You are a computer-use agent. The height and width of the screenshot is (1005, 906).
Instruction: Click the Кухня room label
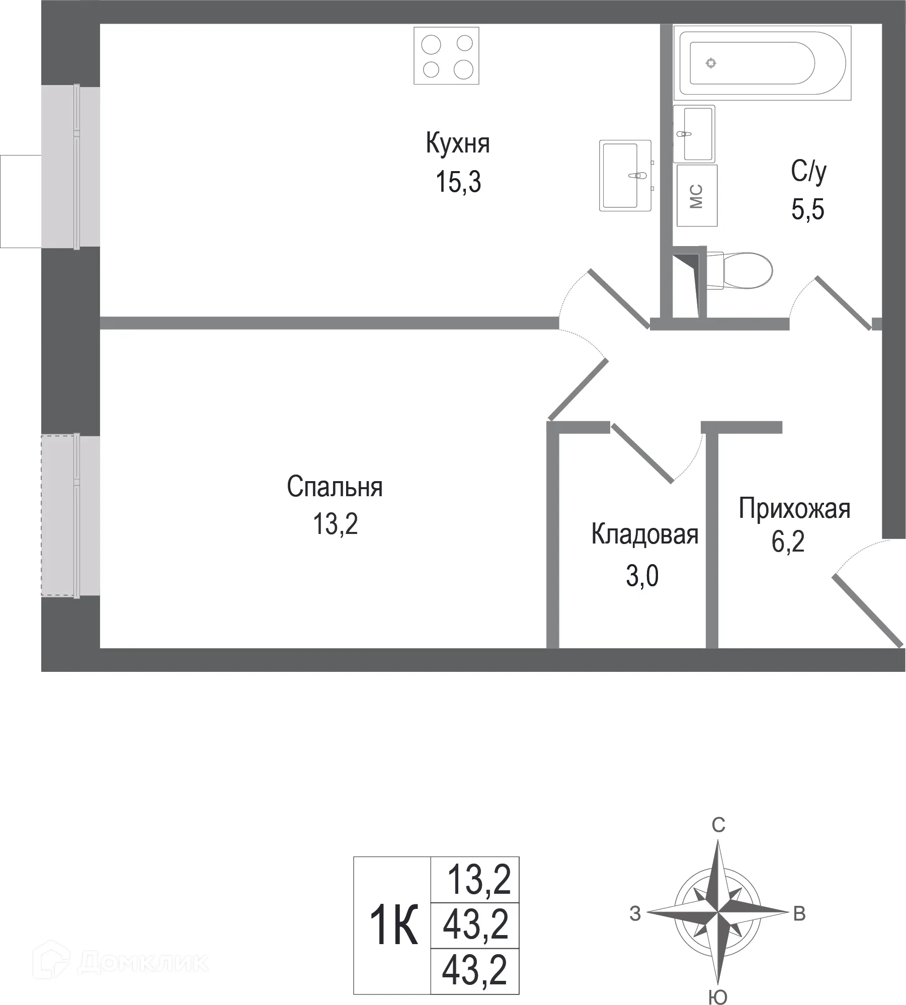pos(457,144)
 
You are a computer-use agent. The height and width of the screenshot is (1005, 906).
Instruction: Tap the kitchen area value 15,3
pos(458,182)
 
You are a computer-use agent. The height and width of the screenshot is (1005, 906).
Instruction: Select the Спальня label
pos(335,487)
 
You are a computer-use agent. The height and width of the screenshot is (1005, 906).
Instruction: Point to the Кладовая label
pos(644,534)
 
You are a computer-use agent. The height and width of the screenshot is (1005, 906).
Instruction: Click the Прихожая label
pos(794,509)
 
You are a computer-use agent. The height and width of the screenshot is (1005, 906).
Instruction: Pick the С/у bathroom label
pos(808,172)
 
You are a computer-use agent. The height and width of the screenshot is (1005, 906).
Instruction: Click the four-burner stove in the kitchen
pos(446,56)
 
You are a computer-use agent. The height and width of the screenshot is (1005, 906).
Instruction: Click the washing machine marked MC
pos(697,196)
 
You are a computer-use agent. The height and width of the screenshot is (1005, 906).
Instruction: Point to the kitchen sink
pos(625,175)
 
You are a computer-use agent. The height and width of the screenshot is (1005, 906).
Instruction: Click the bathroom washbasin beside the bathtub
pos(694,134)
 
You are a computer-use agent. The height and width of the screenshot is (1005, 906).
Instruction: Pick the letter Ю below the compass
pos(717,996)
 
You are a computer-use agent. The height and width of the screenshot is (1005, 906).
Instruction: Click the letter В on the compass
pos(799,914)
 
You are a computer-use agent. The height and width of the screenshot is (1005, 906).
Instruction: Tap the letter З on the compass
pos(635,914)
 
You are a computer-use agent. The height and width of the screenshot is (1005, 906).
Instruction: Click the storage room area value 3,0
pos(642,576)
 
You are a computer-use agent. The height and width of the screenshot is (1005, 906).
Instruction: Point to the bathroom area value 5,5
pos(808,210)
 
